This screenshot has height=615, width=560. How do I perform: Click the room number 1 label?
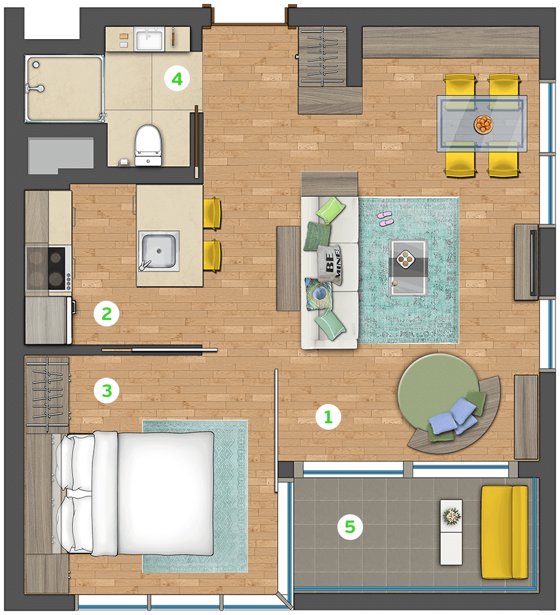[x=328, y=417]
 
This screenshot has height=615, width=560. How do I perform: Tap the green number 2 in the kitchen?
[x=106, y=314]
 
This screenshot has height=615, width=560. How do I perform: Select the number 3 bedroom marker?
[x=106, y=391]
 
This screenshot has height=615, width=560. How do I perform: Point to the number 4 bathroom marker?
[x=177, y=78]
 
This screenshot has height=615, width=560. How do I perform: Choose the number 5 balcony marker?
[x=350, y=527]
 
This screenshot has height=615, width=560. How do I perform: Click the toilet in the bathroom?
[x=148, y=145]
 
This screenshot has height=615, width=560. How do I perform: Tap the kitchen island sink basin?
[x=158, y=251]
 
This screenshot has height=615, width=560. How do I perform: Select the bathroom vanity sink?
[x=149, y=39]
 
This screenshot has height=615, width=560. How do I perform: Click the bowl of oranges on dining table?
[x=483, y=124]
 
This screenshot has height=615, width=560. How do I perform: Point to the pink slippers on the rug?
[x=386, y=218]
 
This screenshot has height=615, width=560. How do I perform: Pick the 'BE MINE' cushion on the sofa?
[x=330, y=264]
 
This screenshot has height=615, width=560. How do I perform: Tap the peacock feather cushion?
[x=319, y=293]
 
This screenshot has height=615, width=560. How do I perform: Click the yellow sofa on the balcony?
[x=505, y=532]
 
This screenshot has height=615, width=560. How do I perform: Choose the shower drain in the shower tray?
[x=36, y=64]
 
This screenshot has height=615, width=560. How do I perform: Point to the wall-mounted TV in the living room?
[x=533, y=262]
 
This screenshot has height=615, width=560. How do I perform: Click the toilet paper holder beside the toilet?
[x=124, y=162]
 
